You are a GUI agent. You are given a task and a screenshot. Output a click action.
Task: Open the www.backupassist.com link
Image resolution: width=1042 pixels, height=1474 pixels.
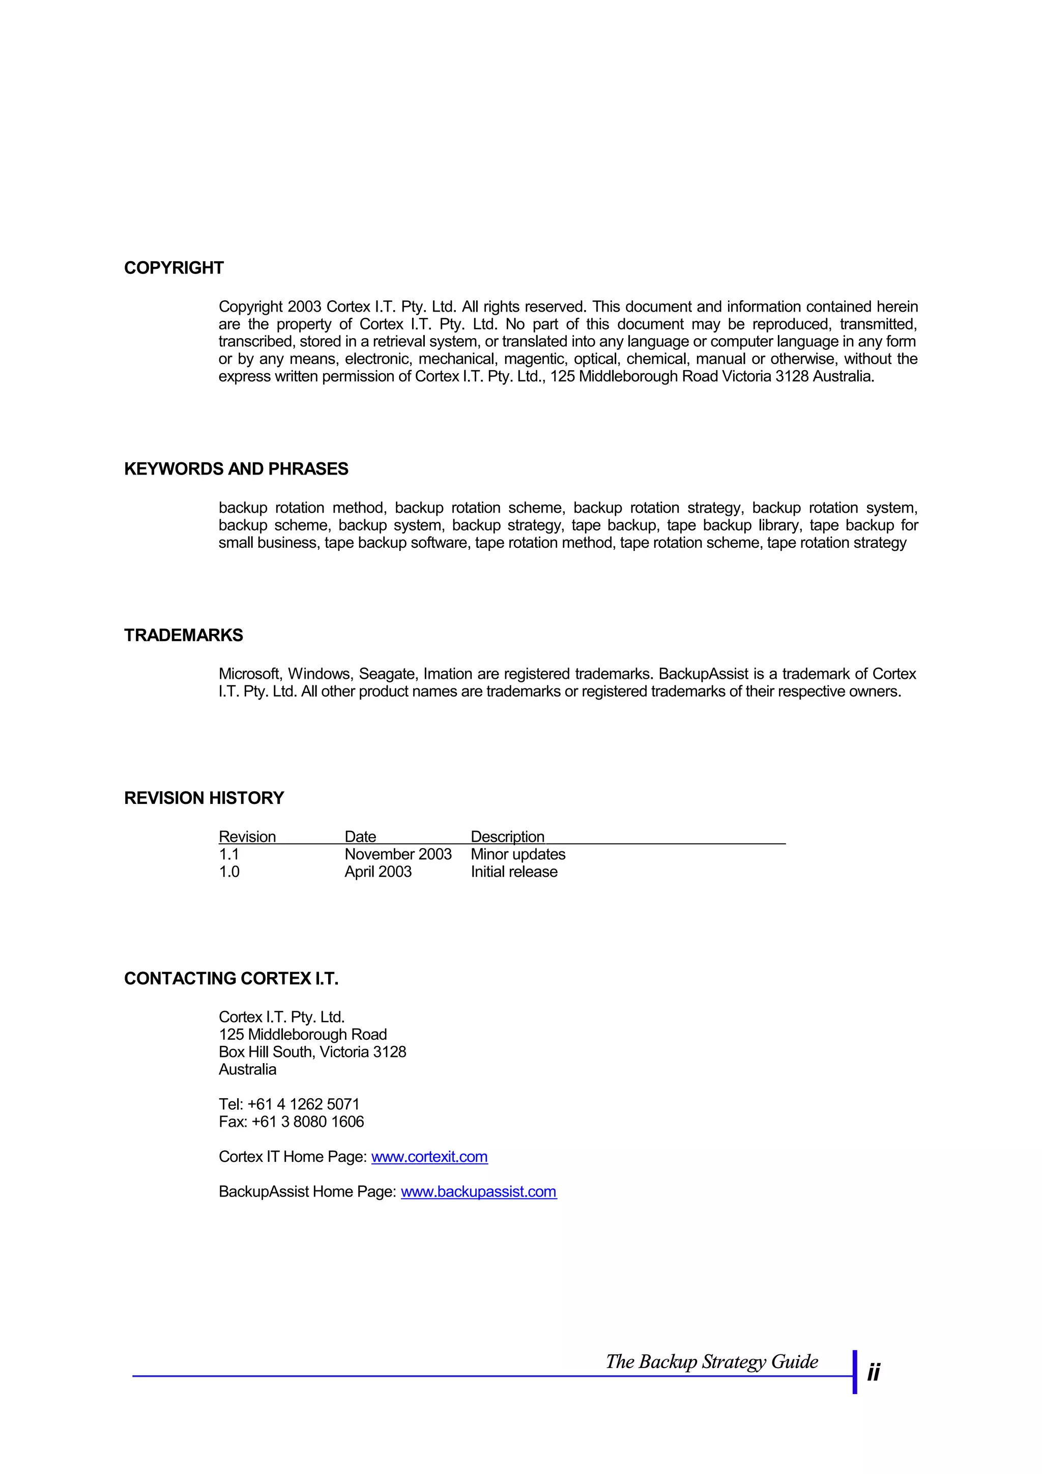coord(479,1191)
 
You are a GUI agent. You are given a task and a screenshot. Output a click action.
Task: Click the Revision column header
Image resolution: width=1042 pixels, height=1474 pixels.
coord(247,837)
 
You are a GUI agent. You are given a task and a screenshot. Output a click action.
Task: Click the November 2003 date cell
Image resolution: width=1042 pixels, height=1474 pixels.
coord(398,854)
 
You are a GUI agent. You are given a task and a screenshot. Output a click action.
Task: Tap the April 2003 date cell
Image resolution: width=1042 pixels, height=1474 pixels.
coord(378,871)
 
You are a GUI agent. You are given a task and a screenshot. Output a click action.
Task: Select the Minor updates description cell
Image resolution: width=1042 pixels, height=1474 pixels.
coord(518,854)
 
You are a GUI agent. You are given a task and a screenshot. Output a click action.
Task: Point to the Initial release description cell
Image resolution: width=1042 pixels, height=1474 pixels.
coord(514,871)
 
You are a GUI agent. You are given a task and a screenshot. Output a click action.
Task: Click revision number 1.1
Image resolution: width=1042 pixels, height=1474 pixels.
coord(228,854)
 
